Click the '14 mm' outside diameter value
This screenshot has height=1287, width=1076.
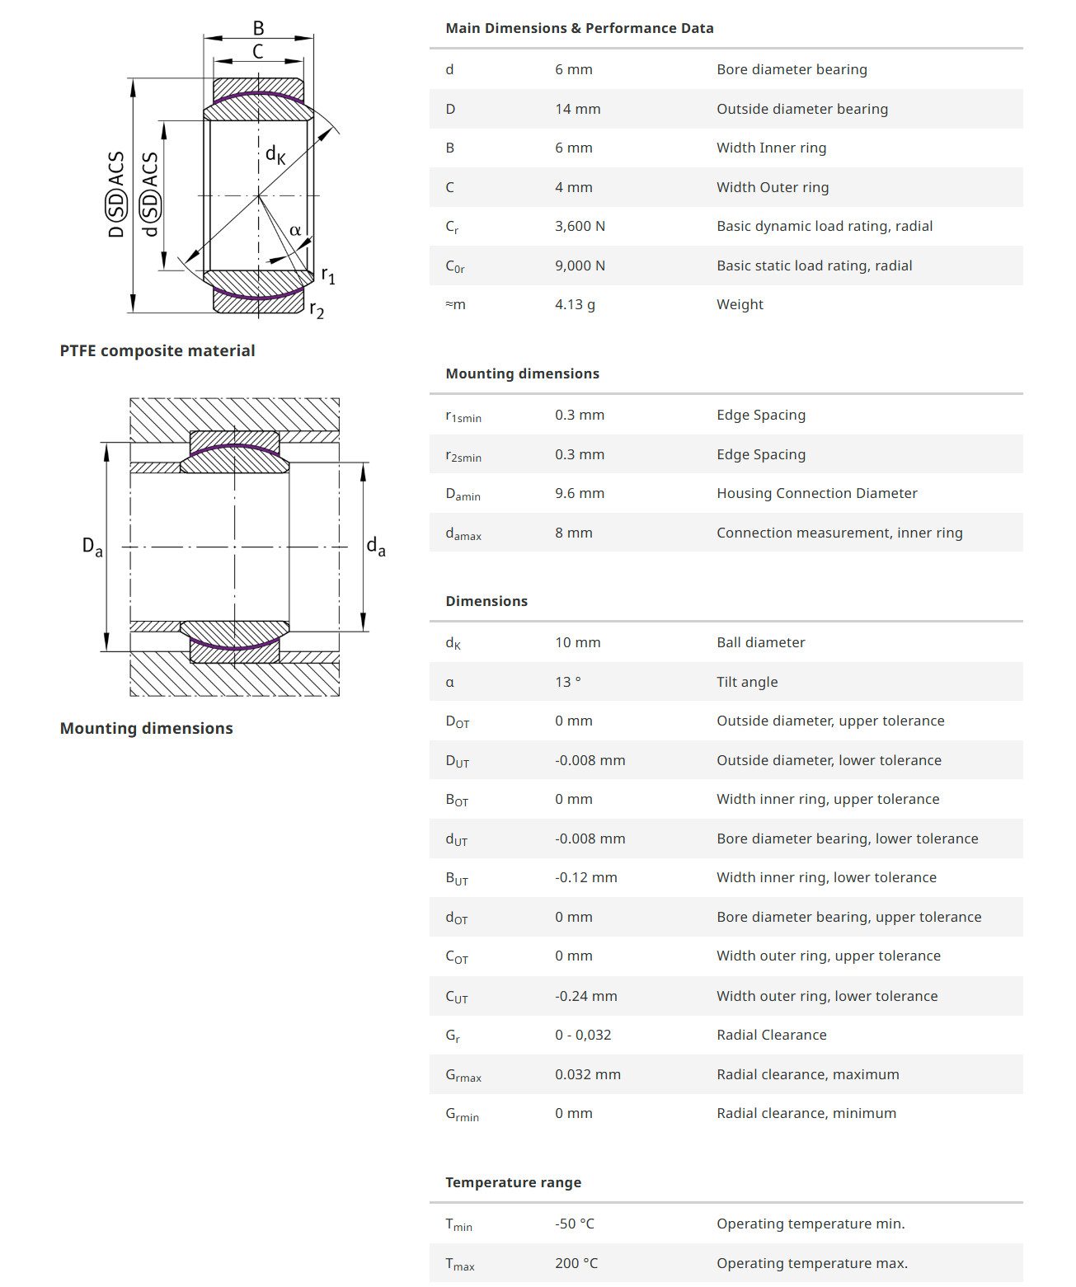coord(577,109)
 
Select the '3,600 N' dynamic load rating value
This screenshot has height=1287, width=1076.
coord(580,226)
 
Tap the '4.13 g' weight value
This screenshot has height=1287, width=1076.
coord(575,304)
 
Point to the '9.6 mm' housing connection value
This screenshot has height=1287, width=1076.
coord(579,493)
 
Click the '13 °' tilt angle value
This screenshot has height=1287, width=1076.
coord(567,682)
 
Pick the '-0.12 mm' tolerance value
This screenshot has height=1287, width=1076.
coord(585,877)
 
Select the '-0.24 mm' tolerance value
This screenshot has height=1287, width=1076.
coord(585,996)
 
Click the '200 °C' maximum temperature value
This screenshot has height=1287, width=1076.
coord(576,1263)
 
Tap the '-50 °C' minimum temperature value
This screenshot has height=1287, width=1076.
coord(574,1224)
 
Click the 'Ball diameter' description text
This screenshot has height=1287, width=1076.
coord(760,642)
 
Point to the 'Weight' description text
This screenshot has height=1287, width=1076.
coord(740,304)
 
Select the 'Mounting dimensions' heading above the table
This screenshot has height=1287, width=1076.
coord(522,373)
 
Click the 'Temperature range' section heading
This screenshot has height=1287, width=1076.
coord(513,1182)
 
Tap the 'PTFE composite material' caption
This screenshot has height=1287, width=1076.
coord(157,350)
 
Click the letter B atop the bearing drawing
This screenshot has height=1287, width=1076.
coord(258,28)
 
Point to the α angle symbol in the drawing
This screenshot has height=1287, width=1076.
coord(294,231)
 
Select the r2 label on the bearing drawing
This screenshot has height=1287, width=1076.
coord(317,310)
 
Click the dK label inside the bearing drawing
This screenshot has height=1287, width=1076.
coord(275,154)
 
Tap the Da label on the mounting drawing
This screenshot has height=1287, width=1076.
coord(92,546)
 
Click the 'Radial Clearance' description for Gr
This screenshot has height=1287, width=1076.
coord(771,1035)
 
